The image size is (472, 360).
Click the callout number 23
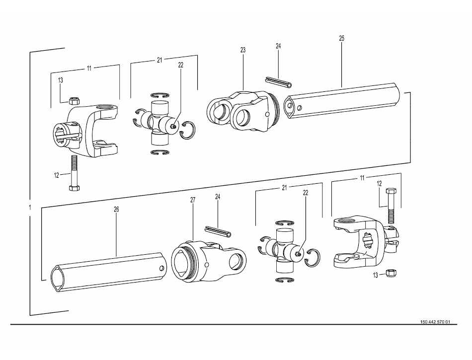(x=243, y=50)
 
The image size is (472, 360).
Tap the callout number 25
(x=341, y=38)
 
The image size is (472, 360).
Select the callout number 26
(x=116, y=210)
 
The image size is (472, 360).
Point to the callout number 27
(x=193, y=200)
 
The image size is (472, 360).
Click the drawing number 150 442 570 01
(x=435, y=322)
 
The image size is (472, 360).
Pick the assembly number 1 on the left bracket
(x=29, y=207)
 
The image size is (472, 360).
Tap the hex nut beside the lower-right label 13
(x=391, y=273)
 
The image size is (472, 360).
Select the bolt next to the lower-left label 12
(x=74, y=173)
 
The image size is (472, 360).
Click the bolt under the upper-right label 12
(x=391, y=206)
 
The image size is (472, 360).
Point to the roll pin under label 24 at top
(x=278, y=82)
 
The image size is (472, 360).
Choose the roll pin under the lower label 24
(x=218, y=231)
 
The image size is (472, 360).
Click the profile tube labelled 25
(x=342, y=101)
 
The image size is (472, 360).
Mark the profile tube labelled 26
(x=108, y=272)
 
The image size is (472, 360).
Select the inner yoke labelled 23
(x=243, y=111)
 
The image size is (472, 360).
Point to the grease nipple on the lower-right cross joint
(x=299, y=254)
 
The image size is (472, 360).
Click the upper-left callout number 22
(x=181, y=65)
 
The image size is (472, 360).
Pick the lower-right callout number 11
(x=362, y=178)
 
